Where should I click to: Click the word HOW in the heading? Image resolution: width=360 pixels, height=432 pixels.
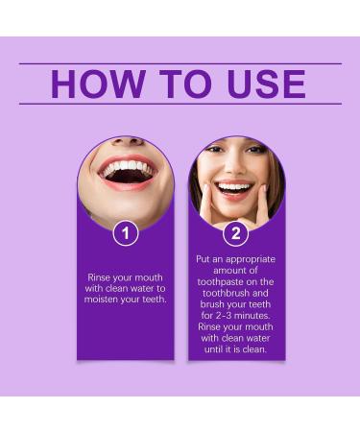pos(92,84)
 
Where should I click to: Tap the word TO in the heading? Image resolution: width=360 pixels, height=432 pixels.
pos(183,84)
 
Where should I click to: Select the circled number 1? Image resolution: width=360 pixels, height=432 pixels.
pos(125,232)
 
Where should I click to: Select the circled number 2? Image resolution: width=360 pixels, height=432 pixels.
pos(235,233)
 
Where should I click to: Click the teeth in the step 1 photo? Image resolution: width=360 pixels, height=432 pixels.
pos(126,171)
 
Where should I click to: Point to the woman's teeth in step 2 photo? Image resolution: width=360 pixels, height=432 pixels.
pos(234,186)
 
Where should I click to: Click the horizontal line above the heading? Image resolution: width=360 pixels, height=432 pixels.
pos(180,63)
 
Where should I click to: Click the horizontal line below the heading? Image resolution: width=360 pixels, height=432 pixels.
pos(180,104)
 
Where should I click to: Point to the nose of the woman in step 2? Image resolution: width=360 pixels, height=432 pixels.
pos(233,170)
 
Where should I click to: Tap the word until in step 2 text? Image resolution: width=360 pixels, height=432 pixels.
pos(217,351)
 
